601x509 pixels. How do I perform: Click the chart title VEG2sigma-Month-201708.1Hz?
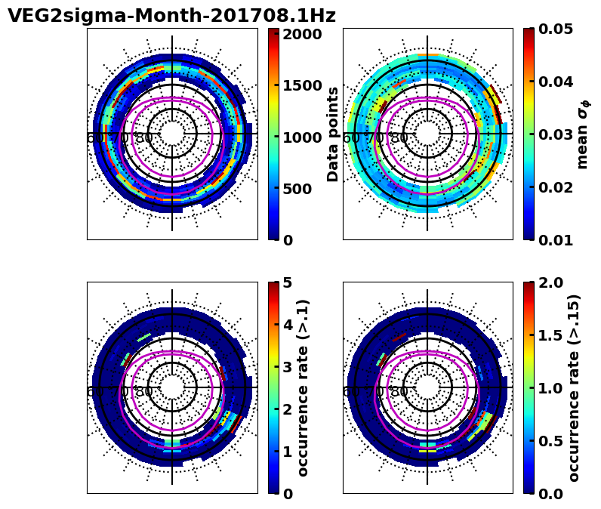tap(171, 16)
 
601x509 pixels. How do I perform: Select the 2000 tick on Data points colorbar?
tap(302, 34)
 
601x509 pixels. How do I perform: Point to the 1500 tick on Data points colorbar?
tap(302, 85)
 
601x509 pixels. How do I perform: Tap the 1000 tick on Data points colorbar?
tap(302, 137)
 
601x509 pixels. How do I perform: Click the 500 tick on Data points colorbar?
tap(302, 188)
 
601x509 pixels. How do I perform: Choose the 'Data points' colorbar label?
tap(333, 134)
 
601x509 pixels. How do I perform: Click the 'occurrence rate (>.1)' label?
tap(304, 387)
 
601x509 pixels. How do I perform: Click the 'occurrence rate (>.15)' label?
tap(574, 387)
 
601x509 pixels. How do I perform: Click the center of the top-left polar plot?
tap(172, 134)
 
